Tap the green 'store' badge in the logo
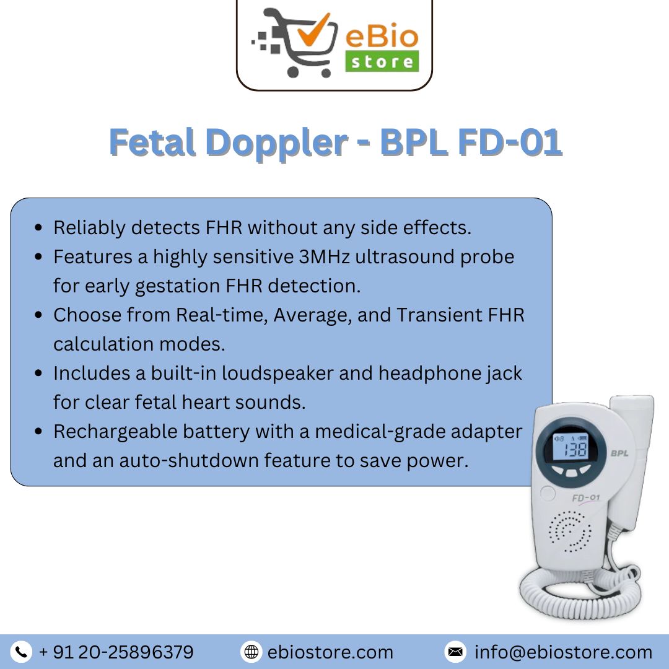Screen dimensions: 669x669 (x=382, y=62)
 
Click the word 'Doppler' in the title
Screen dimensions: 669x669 (x=276, y=143)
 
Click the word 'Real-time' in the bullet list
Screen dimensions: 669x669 (x=221, y=315)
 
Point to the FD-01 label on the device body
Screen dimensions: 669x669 (x=585, y=498)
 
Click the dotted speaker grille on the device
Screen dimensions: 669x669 (x=571, y=531)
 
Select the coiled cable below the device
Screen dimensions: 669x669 (x=576, y=592)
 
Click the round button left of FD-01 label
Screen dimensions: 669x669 (x=548, y=494)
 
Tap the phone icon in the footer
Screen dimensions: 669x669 (x=22, y=652)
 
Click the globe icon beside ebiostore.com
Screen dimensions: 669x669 (x=251, y=652)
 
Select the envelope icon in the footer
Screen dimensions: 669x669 (x=455, y=652)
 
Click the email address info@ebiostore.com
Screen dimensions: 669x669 (x=563, y=652)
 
